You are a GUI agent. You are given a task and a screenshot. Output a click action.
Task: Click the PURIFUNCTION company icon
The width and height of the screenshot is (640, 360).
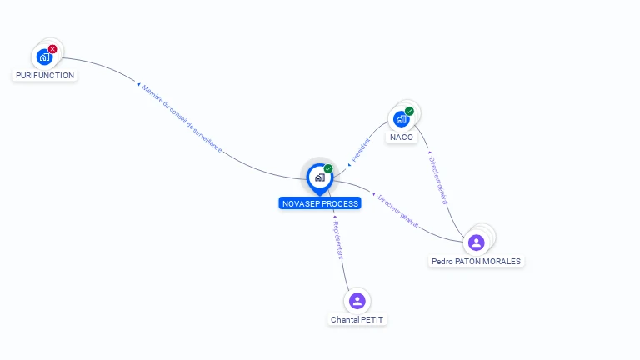pyautogui.click(x=44, y=57)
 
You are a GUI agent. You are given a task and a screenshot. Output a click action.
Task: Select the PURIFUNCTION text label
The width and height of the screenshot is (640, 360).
pyautogui.click(x=45, y=75)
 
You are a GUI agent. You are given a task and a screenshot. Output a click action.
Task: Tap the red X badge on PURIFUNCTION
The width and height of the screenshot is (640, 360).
pyautogui.click(x=52, y=49)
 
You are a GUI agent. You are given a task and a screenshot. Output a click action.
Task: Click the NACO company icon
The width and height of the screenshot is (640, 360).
pyautogui.click(x=401, y=119)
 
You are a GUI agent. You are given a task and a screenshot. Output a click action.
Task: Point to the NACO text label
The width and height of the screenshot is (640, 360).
pyautogui.click(x=402, y=137)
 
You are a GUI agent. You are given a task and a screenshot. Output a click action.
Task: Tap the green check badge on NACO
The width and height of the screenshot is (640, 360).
pyautogui.click(x=409, y=111)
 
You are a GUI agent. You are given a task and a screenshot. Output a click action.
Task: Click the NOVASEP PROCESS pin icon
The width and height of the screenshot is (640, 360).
pyautogui.click(x=319, y=177)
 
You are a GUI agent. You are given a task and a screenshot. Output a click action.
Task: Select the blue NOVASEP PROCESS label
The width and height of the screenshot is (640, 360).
pyautogui.click(x=320, y=203)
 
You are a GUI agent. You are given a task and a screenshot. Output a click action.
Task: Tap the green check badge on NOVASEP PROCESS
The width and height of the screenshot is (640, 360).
pyautogui.click(x=328, y=168)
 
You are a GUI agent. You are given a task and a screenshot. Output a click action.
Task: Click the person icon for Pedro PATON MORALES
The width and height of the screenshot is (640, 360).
pyautogui.click(x=477, y=242)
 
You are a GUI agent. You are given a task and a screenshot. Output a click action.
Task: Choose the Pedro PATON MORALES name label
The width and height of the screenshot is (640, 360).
pyautogui.click(x=476, y=261)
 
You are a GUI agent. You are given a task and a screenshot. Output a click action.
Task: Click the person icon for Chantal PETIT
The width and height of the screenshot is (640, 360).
pyautogui.click(x=357, y=301)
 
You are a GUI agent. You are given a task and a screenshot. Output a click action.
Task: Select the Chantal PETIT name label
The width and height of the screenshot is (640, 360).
pyautogui.click(x=358, y=319)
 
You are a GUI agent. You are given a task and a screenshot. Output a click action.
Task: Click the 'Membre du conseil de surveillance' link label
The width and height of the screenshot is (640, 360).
pyautogui.click(x=182, y=117)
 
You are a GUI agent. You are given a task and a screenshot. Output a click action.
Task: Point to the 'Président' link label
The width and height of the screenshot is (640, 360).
pyautogui.click(x=360, y=148)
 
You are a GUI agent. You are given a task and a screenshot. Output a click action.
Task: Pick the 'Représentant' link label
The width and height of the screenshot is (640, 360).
pyautogui.click(x=337, y=240)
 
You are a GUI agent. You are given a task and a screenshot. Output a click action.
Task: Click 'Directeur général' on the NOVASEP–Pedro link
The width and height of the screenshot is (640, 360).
pyautogui.click(x=397, y=210)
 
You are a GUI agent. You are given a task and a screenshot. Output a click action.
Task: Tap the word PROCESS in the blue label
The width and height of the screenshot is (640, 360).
pyautogui.click(x=341, y=203)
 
